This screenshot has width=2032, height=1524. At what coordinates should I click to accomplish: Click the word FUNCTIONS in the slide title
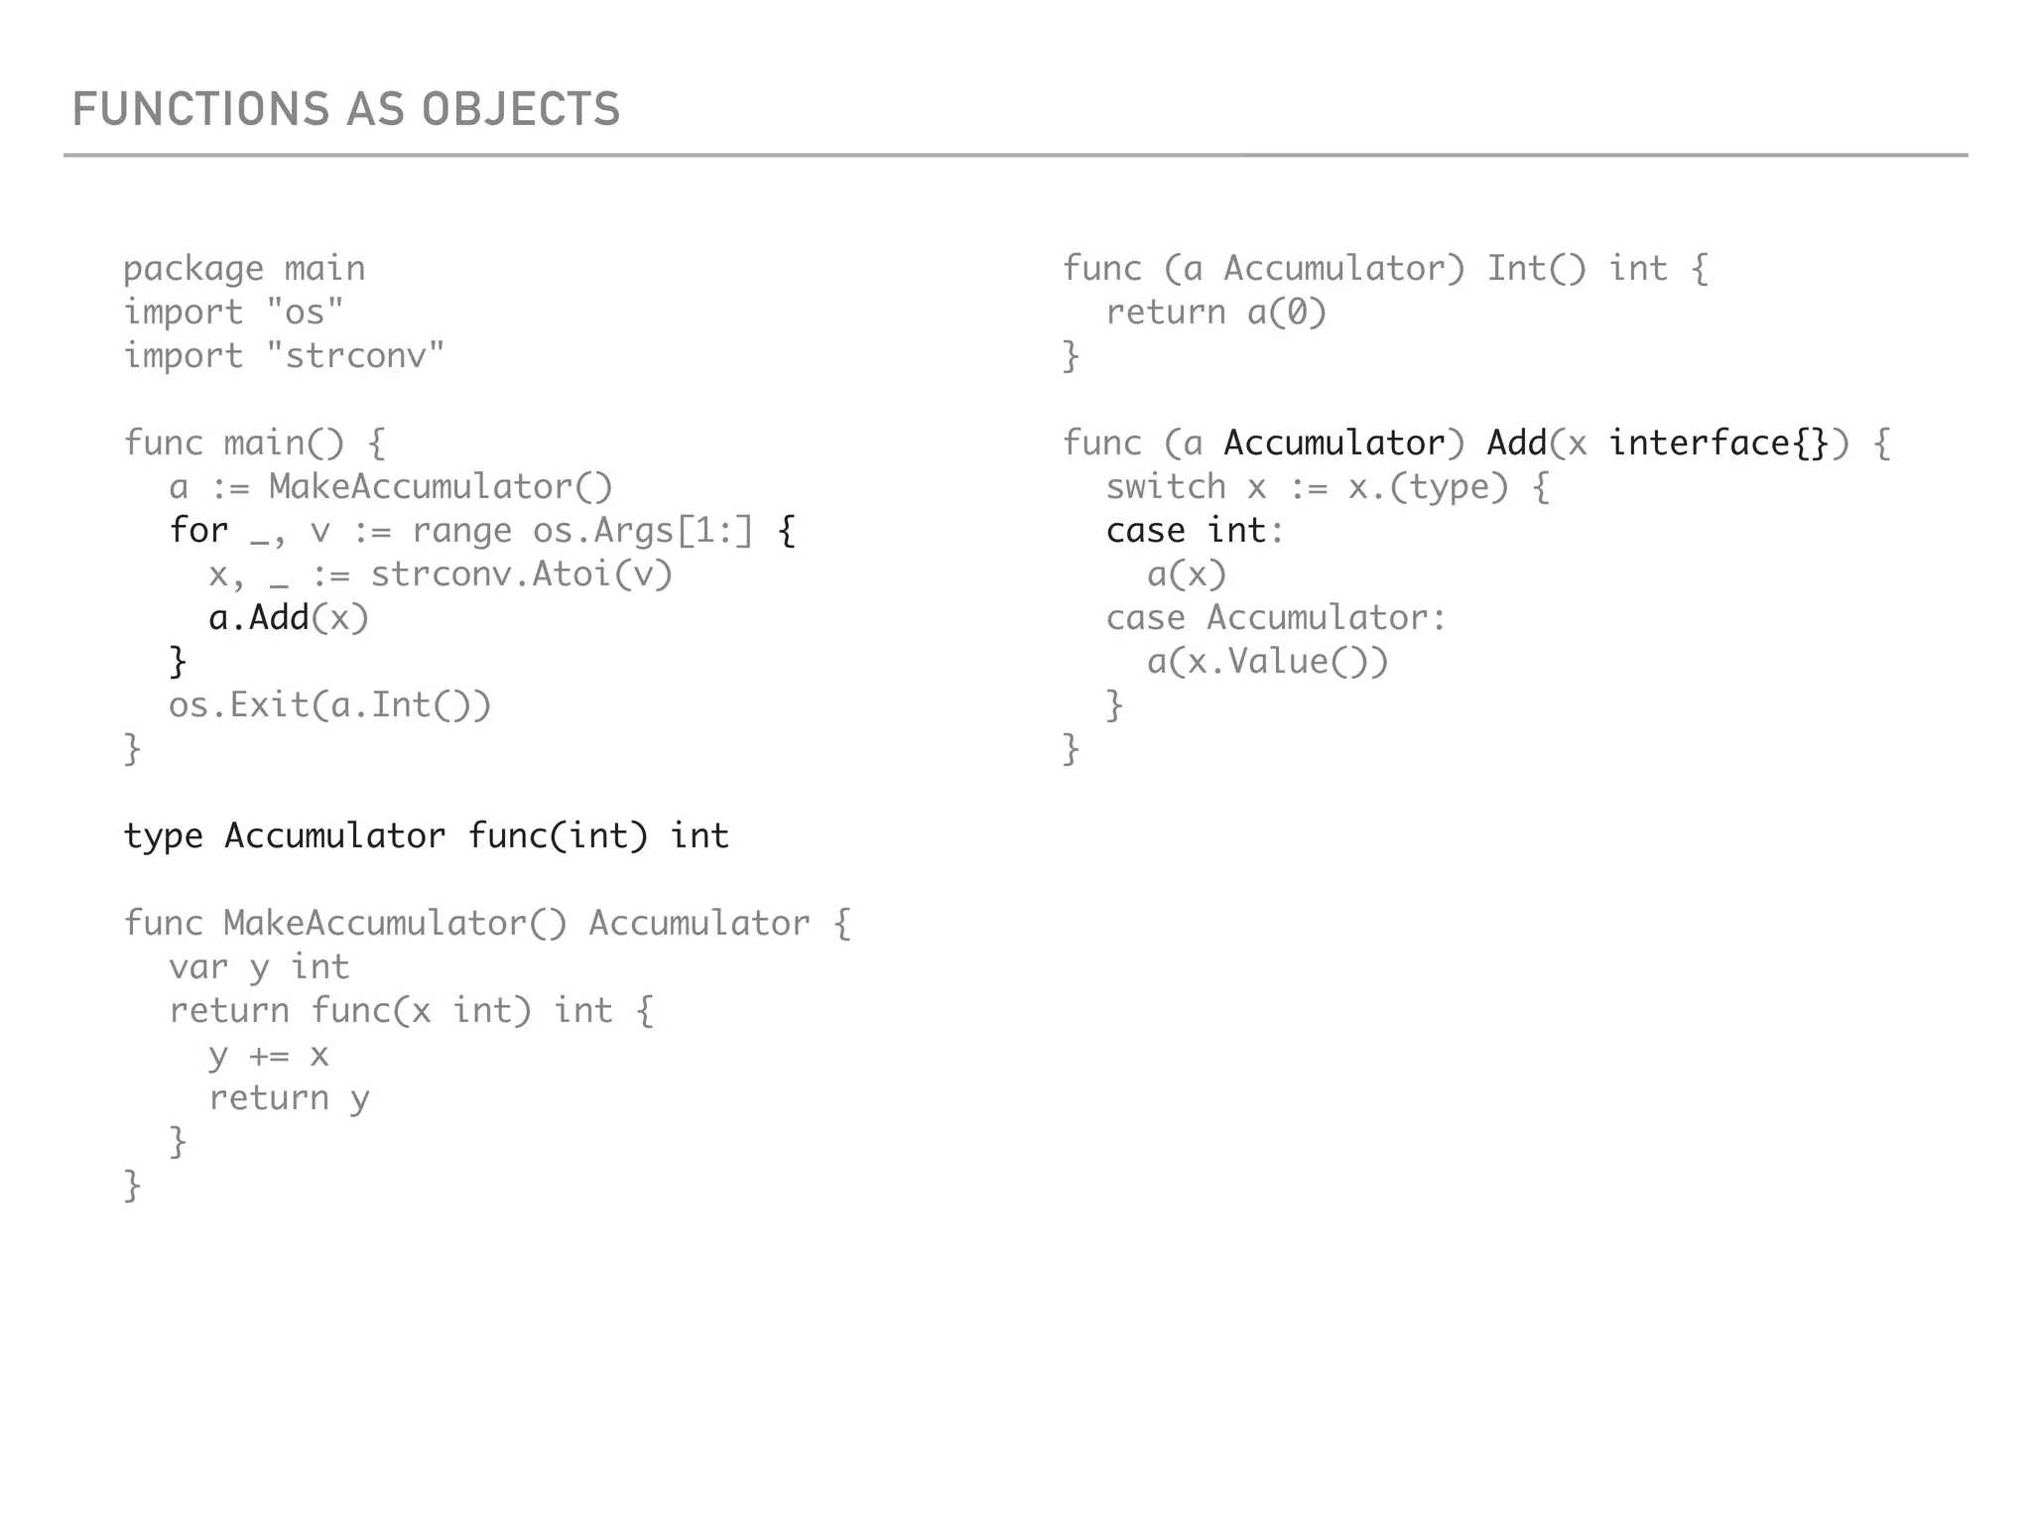pyautogui.click(x=200, y=109)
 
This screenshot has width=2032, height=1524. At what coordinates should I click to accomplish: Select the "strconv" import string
pyautogui.click(x=355, y=355)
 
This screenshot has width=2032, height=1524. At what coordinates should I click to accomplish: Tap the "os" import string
pyautogui.click(x=305, y=312)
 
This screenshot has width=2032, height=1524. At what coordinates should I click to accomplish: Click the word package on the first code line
pyautogui.click(x=193, y=269)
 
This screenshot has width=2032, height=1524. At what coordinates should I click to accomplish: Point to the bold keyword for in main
pyautogui.click(x=198, y=530)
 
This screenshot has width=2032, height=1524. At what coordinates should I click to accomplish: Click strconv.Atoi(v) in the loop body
pyautogui.click(x=521, y=574)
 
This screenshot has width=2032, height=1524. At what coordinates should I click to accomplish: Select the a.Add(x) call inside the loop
pyautogui.click(x=289, y=618)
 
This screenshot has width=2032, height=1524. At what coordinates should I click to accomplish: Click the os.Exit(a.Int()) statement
pyautogui.click(x=329, y=705)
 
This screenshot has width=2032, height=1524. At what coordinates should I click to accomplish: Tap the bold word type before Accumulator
pyautogui.click(x=163, y=836)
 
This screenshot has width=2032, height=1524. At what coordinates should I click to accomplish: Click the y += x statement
pyautogui.click(x=268, y=1055)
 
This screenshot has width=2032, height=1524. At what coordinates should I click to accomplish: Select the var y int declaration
pyautogui.click(x=259, y=967)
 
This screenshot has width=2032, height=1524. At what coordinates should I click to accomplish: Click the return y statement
pyautogui.click(x=289, y=1098)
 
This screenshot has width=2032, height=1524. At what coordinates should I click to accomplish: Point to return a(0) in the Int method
pyautogui.click(x=1215, y=313)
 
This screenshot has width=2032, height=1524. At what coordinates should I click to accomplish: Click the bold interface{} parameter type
pyautogui.click(x=1717, y=443)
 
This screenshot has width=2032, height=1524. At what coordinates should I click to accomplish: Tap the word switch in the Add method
pyautogui.click(x=1166, y=487)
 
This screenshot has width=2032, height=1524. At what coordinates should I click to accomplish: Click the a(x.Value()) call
pyautogui.click(x=1267, y=662)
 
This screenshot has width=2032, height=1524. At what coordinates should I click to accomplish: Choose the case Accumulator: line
pyautogui.click(x=1276, y=618)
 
